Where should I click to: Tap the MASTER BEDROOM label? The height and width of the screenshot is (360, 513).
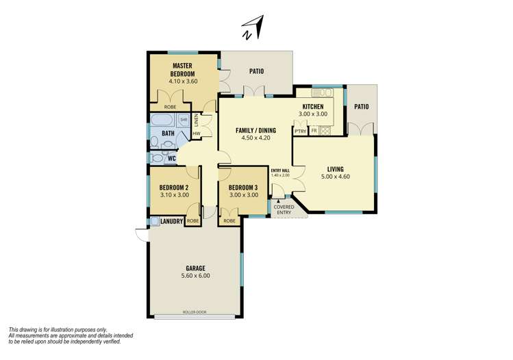pos(183,69)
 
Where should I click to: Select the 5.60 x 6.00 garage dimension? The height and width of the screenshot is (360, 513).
pos(195,276)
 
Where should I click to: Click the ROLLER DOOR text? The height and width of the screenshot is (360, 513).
pos(195,312)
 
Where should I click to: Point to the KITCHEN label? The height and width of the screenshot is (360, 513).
pos(313,107)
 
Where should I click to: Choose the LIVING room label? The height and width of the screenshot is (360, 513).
pos(336,169)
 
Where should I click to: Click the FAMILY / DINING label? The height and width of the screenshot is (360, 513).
pos(256,129)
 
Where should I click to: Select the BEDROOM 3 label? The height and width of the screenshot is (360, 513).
pos(243,186)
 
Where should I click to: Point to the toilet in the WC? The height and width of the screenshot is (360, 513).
pos(157,158)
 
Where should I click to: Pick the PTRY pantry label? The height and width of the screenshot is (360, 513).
pos(300,130)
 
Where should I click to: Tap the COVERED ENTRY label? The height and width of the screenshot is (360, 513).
pos(283,209)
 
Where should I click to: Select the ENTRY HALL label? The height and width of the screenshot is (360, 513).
pos(280,170)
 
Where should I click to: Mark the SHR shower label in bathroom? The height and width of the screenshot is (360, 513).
pos(184,119)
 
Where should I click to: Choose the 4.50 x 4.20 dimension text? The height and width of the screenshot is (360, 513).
pos(256,138)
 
